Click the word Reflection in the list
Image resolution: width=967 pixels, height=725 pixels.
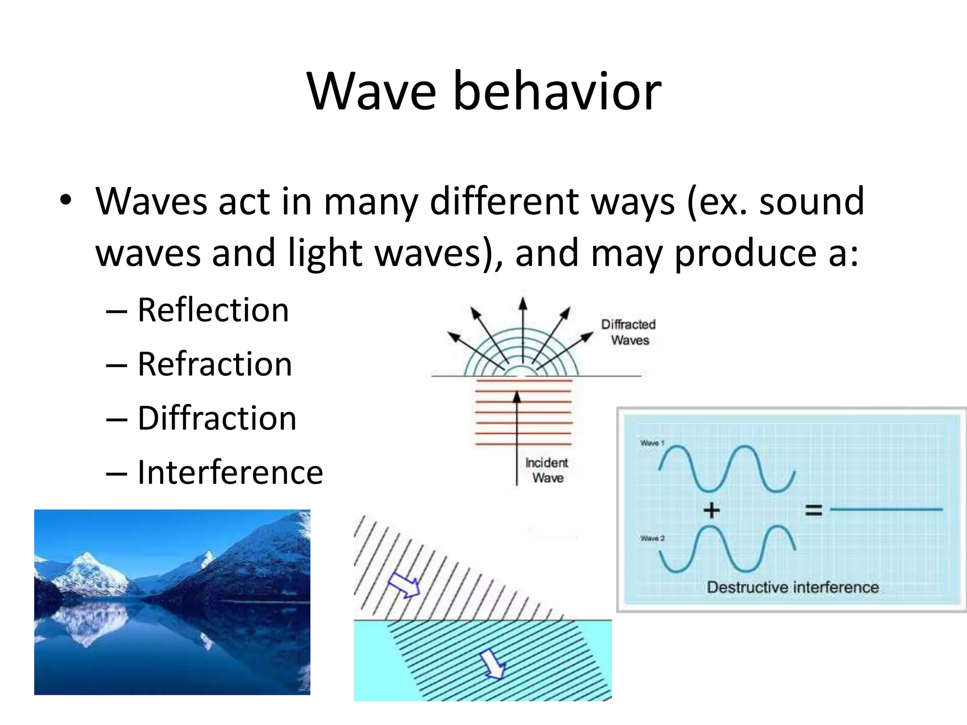[213, 310]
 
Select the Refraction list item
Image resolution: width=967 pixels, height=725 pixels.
[215, 364]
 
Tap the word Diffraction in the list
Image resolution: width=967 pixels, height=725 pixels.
[217, 418]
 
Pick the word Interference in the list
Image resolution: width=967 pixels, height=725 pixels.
[230, 472]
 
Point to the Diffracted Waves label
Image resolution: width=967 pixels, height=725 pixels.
[628, 332]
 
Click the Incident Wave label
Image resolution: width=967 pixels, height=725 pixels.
[547, 470]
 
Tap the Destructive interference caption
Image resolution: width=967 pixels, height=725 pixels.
[792, 587]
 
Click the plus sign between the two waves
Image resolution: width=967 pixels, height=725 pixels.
[712, 510]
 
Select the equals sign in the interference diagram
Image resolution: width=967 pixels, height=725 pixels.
[814, 510]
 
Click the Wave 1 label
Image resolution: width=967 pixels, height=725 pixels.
[652, 443]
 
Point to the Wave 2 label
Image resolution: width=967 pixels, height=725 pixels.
[652, 538]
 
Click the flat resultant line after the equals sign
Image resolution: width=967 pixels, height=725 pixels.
[886, 509]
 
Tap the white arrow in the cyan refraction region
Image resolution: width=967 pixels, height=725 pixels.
[492, 664]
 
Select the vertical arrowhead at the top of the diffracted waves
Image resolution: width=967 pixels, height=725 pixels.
[522, 303]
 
